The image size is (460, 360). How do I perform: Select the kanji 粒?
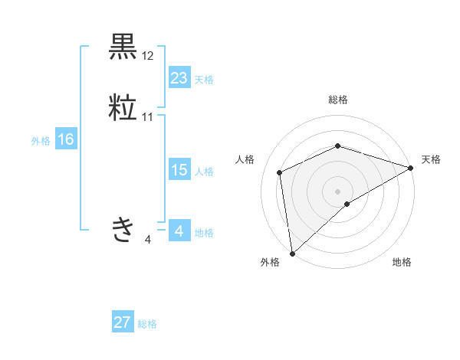click(123, 107)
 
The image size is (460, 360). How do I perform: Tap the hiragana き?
click(123, 229)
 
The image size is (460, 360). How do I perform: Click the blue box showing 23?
click(179, 78)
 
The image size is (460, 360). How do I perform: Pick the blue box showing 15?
click(179, 170)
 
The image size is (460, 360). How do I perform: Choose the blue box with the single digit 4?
click(179, 231)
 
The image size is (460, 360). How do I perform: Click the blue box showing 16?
click(65, 139)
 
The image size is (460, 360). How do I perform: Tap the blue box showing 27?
click(123, 322)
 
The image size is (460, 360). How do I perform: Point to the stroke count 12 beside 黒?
click(148, 56)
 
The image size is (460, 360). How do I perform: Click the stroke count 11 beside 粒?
click(148, 117)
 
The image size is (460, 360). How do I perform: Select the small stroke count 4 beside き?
click(147, 240)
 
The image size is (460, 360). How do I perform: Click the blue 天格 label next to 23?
click(204, 80)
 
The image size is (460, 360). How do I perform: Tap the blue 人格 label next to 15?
click(204, 172)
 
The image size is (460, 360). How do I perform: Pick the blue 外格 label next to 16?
click(41, 141)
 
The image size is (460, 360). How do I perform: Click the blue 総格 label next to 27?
click(147, 324)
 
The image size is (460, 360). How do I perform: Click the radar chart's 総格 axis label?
click(337, 100)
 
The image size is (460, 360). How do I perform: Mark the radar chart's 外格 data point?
click(292, 253)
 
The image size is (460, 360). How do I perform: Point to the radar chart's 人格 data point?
click(280, 172)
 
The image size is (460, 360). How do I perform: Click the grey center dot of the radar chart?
click(337, 191)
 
